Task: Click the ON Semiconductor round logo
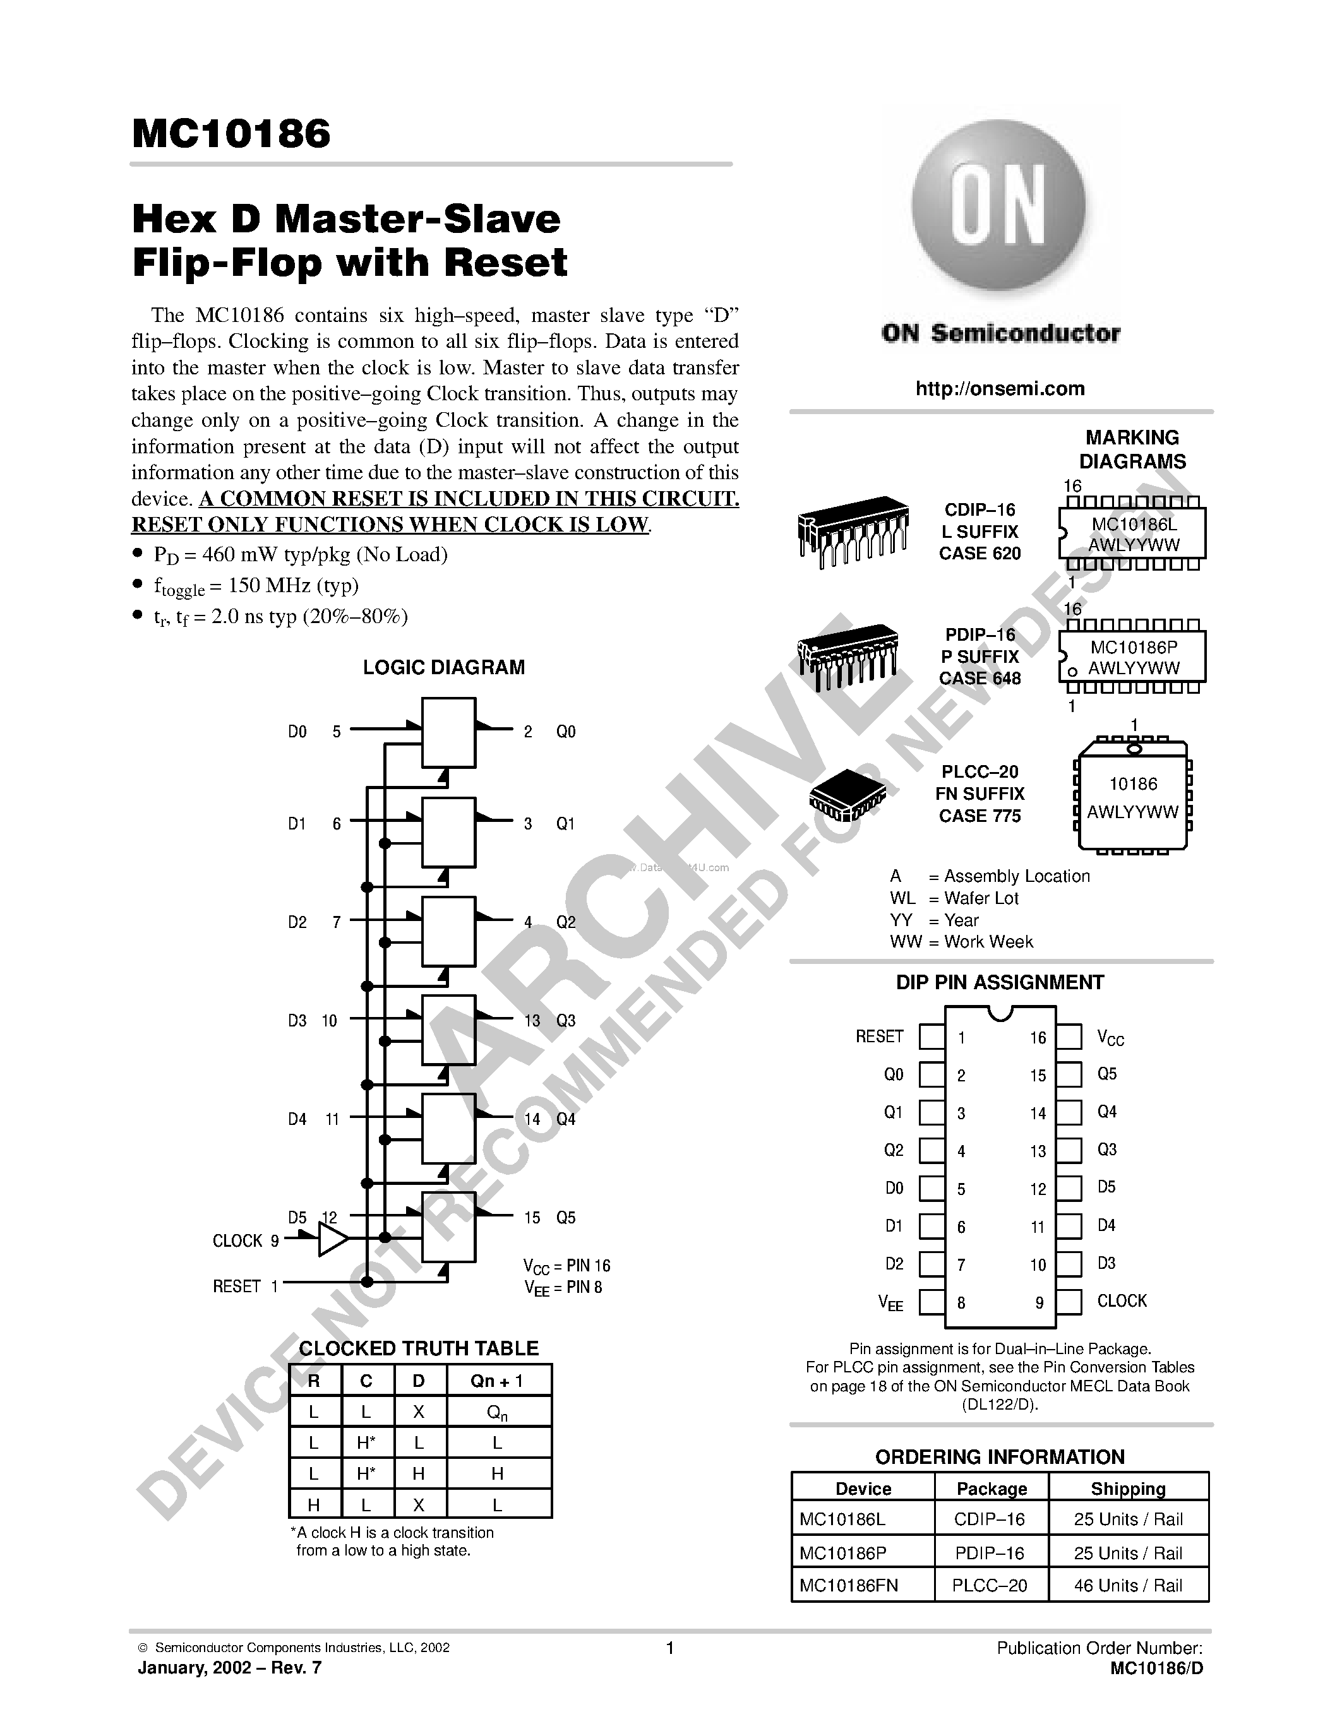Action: [x=998, y=208]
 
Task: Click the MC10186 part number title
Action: [x=231, y=134]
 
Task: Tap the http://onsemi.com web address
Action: [x=999, y=389]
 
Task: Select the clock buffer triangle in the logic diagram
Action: [x=332, y=1239]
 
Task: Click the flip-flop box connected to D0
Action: [x=448, y=732]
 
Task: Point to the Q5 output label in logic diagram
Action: [x=565, y=1217]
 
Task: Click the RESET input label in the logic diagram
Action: [x=236, y=1286]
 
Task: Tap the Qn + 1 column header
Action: [x=498, y=1381]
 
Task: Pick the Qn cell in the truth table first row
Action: [x=498, y=1413]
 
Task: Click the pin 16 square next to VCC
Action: [x=1069, y=1037]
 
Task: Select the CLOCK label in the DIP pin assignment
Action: [x=1121, y=1300]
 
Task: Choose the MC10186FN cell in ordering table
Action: [x=848, y=1585]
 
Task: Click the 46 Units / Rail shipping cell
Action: [x=1127, y=1585]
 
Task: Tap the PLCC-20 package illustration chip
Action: [x=848, y=794]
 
